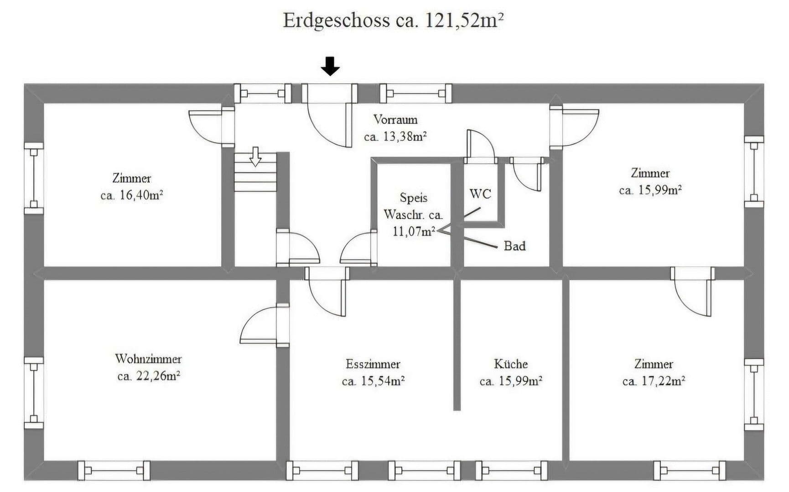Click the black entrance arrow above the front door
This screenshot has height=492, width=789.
(x=330, y=67)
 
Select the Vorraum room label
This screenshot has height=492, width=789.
(x=395, y=119)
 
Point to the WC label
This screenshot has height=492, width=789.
(x=480, y=194)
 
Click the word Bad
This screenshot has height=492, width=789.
(x=514, y=246)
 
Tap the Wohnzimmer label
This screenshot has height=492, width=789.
(x=148, y=359)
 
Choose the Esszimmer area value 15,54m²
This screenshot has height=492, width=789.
(x=382, y=381)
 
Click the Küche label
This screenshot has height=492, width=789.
(x=511, y=364)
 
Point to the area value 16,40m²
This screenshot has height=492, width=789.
(x=141, y=195)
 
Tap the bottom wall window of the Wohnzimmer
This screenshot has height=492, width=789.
(x=114, y=471)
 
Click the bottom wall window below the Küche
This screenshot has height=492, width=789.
(x=511, y=471)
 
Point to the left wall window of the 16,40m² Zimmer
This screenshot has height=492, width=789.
(x=33, y=178)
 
